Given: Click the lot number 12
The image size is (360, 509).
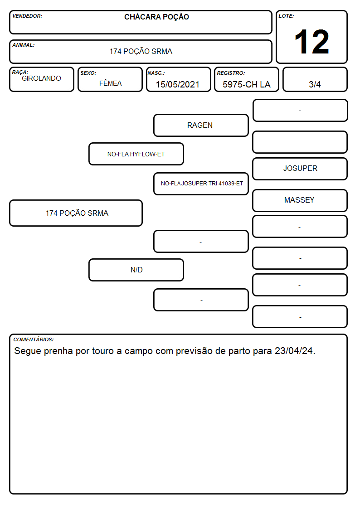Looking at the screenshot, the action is point(311,42).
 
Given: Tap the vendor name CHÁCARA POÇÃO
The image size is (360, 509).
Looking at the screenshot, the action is point(156,17).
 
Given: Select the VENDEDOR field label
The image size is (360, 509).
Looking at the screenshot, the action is point(27,16).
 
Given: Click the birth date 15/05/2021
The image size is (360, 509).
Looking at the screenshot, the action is point(178,84).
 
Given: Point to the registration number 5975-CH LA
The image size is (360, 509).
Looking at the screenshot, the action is point(246,84).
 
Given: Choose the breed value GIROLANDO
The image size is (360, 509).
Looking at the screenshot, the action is point(42,78).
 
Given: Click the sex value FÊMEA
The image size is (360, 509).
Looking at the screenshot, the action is point(110,83).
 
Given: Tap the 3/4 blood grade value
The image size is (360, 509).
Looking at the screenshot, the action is point(315,84).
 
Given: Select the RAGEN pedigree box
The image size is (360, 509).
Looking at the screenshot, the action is point(201,125).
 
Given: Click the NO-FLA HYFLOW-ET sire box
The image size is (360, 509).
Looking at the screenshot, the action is point(136,154).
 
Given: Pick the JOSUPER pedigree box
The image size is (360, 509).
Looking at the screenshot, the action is point(300,169).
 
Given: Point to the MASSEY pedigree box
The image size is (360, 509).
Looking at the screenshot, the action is point(300,200).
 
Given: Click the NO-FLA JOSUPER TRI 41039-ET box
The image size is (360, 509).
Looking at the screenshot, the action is point(201,184).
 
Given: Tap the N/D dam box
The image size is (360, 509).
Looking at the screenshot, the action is point(136,270).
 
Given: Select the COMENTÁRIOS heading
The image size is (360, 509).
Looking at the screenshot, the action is point(34,339).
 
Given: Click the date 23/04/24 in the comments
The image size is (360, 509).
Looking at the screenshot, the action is point(295,351).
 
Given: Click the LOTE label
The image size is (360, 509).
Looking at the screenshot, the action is point(286,16).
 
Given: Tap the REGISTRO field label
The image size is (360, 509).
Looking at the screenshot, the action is point(231,73).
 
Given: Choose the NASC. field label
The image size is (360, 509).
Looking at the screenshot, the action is point(156,73).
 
